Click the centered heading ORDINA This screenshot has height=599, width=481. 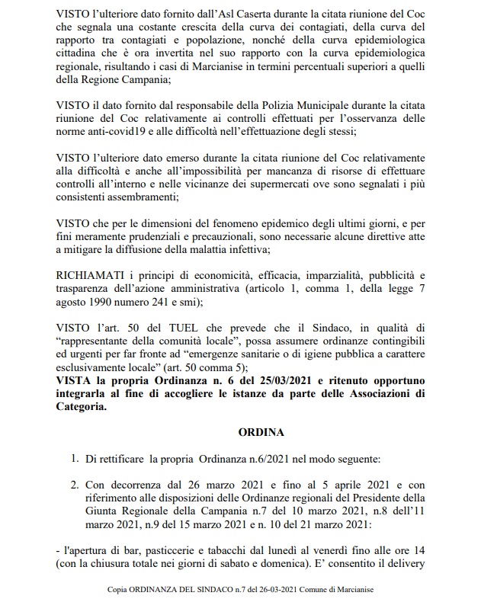240,432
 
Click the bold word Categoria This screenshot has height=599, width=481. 82,406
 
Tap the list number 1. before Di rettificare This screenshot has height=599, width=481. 74,460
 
